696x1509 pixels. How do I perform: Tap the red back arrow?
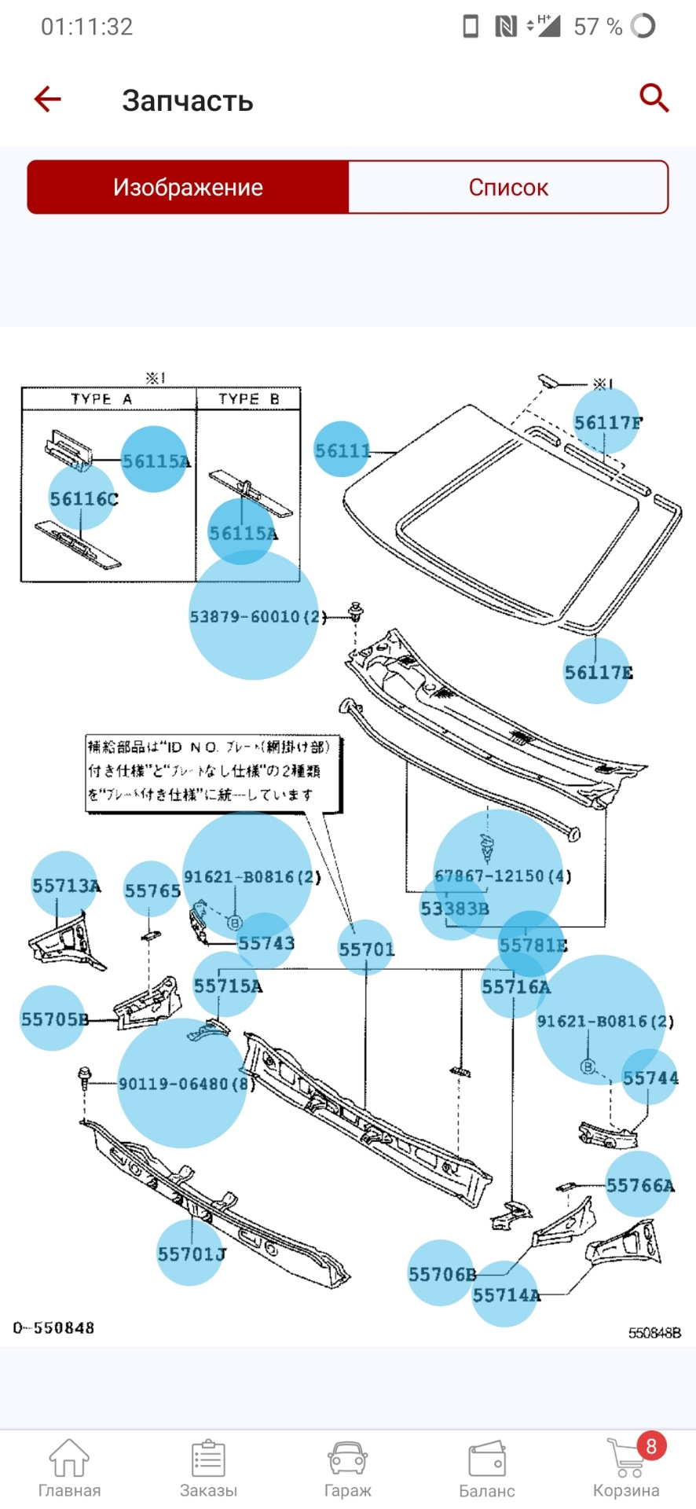[48, 99]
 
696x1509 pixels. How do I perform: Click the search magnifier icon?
[654, 99]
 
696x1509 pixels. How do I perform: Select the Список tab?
[508, 187]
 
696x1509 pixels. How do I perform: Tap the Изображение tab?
[188, 187]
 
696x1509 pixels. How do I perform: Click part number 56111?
[343, 450]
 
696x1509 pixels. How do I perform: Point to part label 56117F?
[607, 423]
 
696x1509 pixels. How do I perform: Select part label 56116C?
[83, 498]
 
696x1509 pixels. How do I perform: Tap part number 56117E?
[598, 672]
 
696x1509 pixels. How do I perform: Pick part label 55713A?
[66, 886]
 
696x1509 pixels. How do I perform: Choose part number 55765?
[152, 890]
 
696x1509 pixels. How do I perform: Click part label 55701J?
[191, 1254]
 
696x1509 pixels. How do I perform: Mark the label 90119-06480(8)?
[185, 1084]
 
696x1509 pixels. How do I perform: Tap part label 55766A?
[639, 1185]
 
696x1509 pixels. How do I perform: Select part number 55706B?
[441, 1274]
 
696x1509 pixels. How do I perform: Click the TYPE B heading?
[248, 398]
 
